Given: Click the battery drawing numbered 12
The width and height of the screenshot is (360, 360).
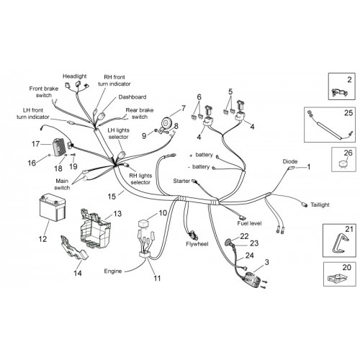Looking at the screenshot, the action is coord(53,207).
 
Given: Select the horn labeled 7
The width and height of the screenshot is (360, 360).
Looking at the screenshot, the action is coord(166,122).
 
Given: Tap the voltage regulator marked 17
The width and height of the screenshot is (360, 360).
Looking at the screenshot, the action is coord(58,148).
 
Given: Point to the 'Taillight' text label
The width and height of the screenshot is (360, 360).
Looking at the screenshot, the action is coord(320,204).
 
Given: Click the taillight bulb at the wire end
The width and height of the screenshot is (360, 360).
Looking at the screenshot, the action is coord(305,204).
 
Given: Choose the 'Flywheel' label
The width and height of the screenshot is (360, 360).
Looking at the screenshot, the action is coord(197,244).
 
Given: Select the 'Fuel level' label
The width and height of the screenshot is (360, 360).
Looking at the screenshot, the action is coord(249,223).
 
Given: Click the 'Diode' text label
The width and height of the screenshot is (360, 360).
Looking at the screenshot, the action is coord(290,161).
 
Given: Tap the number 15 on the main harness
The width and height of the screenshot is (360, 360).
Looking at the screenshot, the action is coord(112,197).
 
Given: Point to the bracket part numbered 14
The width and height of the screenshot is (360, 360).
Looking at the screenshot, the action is coord(73,248).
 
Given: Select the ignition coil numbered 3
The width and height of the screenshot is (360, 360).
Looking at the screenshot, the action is coord(252,279).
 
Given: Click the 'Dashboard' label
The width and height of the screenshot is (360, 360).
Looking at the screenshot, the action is coord(132,97).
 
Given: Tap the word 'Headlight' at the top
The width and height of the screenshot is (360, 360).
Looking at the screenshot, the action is coord(74,76).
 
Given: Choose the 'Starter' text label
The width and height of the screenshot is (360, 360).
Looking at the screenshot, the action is coord(181,181).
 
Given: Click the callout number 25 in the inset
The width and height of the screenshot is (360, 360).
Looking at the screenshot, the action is coord(348,113).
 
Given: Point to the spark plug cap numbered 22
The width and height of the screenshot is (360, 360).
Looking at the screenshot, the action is coord(228,242).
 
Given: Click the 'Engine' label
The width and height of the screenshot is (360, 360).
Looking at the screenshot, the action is coord(113,271).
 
